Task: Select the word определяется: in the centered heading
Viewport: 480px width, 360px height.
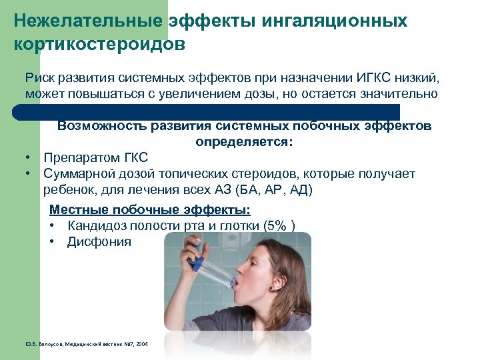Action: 244,142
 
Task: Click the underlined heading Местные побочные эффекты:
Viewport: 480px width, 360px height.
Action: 150,210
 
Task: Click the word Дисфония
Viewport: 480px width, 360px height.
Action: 99,242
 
